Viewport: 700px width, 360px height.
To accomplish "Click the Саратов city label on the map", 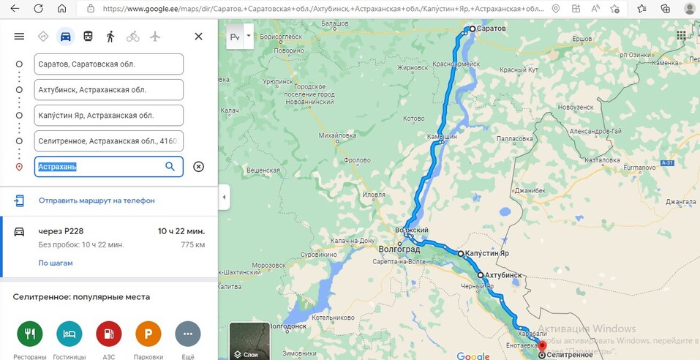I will (x=492, y=29).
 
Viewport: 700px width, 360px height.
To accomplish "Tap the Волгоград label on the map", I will (x=399, y=249).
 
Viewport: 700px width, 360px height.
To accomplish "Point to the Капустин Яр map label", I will (x=486, y=253).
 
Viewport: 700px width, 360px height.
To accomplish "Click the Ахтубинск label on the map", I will (x=503, y=275).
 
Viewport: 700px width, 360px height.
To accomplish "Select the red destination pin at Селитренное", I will (x=541, y=345).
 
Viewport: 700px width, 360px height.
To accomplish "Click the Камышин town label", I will (x=443, y=137).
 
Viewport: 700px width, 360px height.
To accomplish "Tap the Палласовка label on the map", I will (x=494, y=137).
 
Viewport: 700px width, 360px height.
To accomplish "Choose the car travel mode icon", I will (x=66, y=36).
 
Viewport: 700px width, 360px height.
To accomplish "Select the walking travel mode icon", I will (x=110, y=36).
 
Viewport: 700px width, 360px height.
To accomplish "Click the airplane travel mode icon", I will (x=155, y=36).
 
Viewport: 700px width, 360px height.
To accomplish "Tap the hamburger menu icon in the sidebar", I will (x=19, y=36).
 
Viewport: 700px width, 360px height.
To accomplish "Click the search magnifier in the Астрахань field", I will (x=170, y=167).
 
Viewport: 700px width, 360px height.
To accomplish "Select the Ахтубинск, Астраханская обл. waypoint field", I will (x=108, y=90).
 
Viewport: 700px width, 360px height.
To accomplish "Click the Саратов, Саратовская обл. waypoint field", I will (x=108, y=64).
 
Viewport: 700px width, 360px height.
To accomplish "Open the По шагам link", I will (x=56, y=263).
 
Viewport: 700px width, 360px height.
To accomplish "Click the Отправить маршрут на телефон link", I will (x=97, y=200).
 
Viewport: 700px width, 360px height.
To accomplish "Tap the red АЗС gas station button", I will (x=109, y=334).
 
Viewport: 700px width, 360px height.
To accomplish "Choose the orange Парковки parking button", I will (x=148, y=334).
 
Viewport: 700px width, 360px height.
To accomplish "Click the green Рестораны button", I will (x=30, y=334).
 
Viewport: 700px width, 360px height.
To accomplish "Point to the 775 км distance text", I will (x=192, y=244).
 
